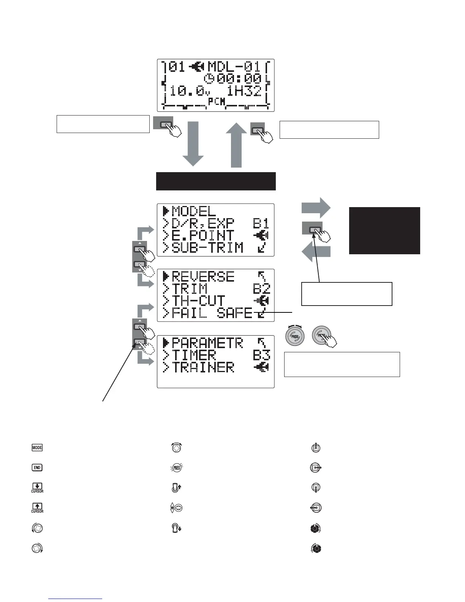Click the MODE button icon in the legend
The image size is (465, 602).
(37, 448)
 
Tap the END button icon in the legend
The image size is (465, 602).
(37, 467)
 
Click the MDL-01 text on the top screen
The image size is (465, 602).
(234, 67)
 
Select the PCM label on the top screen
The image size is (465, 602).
(217, 101)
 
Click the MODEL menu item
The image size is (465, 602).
(194, 211)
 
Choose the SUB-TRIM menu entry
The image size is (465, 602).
(207, 248)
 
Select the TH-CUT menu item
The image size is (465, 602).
(199, 301)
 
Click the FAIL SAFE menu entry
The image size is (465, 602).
(212, 313)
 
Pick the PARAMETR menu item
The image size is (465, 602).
(207, 343)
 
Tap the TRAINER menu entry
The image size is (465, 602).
(203, 368)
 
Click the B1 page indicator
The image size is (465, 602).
(261, 223)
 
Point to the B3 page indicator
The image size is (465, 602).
(261, 355)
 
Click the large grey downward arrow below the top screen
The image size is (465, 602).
(193, 144)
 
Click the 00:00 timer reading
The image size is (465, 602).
(239, 79)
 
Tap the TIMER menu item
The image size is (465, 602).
(194, 355)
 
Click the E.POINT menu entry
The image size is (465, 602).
(203, 236)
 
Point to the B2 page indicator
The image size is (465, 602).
(261, 289)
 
